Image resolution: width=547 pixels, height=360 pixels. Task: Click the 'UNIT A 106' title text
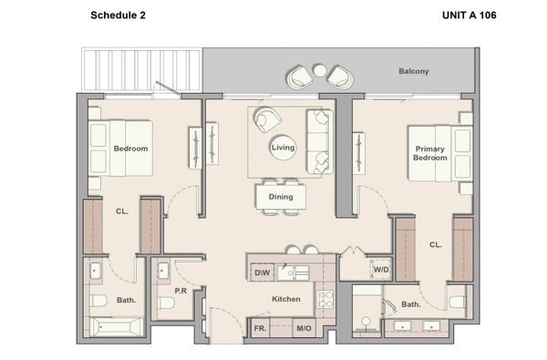click(469, 15)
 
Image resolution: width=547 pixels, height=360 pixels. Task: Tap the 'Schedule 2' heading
click(118, 15)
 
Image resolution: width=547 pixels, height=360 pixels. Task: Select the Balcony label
click(414, 71)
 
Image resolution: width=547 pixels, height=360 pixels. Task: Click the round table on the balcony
click(320, 70)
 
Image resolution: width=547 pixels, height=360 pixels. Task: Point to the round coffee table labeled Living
click(283, 148)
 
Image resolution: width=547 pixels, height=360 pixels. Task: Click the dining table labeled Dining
click(281, 197)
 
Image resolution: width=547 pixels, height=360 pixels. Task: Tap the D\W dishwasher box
click(263, 273)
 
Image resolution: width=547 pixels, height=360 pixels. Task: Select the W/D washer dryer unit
click(380, 269)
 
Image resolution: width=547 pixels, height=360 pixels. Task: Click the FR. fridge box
click(260, 328)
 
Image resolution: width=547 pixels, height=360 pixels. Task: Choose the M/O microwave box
click(304, 328)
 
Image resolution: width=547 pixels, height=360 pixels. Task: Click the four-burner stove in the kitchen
click(325, 299)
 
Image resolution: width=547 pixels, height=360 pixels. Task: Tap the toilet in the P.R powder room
click(166, 303)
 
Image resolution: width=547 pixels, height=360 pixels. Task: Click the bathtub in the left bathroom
click(116, 327)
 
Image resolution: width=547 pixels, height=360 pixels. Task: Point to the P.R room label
click(181, 291)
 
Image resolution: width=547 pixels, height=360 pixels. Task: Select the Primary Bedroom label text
click(429, 153)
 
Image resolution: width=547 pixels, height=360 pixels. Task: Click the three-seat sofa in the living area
click(319, 141)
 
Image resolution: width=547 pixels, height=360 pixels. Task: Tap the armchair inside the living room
click(267, 119)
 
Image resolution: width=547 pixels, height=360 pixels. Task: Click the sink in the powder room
click(162, 271)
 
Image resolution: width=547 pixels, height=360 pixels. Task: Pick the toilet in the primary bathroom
click(458, 302)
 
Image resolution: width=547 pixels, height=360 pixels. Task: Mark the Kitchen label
click(286, 299)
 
